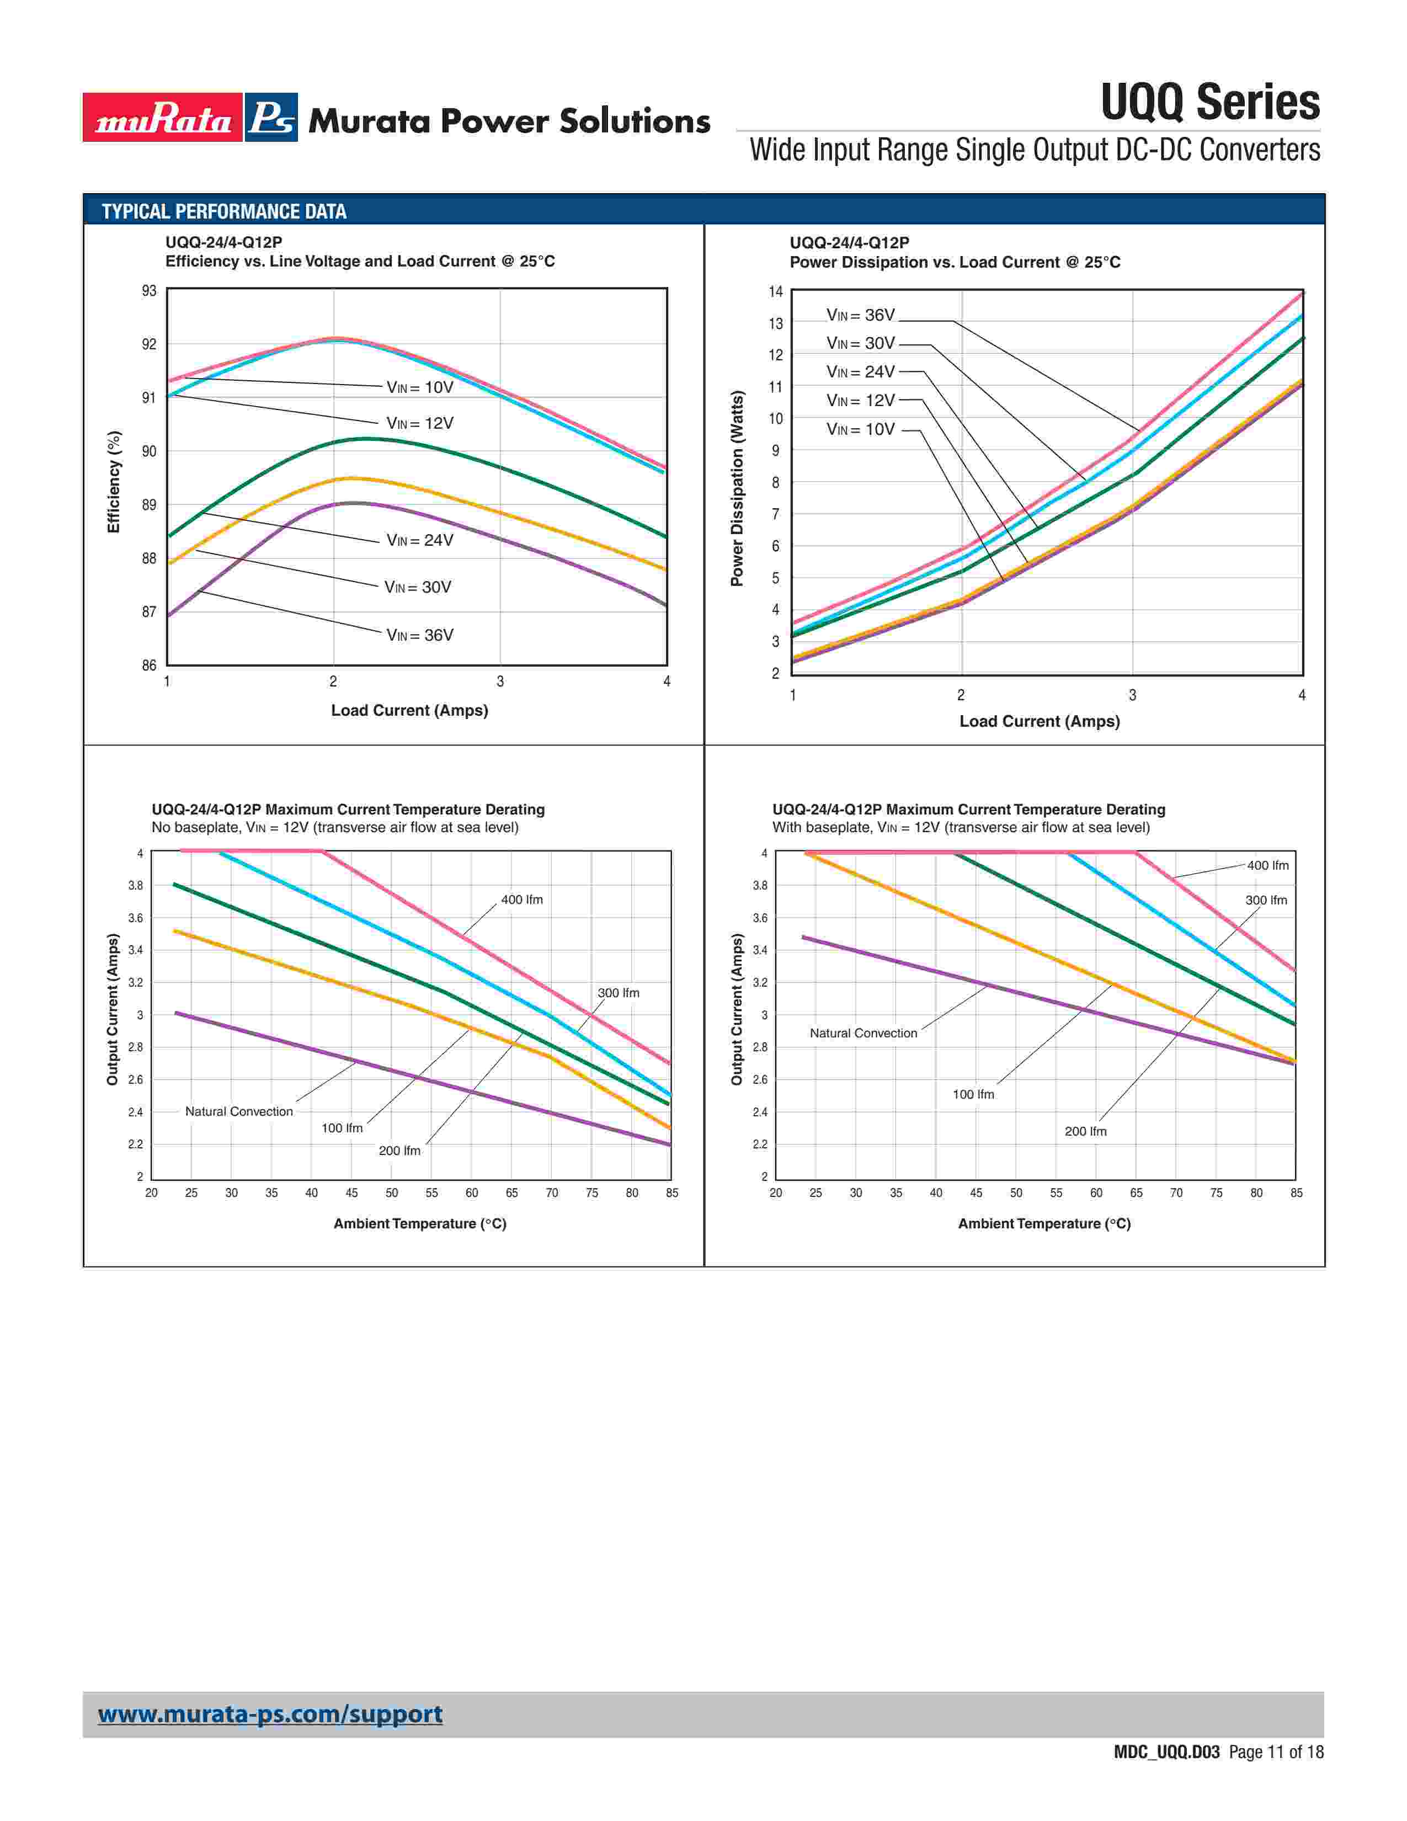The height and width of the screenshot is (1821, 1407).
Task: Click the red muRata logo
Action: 163,118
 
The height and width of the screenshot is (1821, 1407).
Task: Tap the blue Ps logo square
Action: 271,118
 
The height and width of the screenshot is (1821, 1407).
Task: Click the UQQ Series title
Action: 1209,103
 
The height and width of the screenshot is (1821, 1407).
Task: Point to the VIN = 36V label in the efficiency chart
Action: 420,635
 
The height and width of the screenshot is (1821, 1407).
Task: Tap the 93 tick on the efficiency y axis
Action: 149,291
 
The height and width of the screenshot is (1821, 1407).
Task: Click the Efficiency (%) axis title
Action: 114,481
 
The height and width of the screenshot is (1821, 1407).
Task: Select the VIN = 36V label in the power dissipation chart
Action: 861,315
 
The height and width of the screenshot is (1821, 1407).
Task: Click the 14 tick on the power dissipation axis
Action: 776,292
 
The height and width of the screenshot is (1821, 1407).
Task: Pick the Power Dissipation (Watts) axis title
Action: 737,488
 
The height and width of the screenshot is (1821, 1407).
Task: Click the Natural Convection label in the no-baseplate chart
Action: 239,1111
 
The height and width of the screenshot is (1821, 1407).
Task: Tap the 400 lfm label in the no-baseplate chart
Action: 522,899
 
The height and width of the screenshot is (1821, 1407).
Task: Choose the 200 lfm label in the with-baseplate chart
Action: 1085,1131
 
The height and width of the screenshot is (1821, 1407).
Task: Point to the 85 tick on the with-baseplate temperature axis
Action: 1296,1193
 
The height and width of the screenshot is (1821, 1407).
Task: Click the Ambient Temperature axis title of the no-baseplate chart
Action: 420,1223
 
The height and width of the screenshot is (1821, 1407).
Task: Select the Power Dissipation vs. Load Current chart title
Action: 955,263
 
